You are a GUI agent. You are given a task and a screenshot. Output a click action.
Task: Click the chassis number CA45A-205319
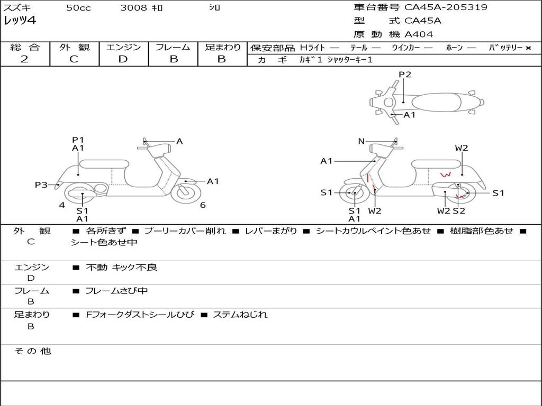446,7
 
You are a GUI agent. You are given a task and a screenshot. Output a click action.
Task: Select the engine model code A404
419,34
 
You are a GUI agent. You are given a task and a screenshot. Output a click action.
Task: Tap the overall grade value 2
24,59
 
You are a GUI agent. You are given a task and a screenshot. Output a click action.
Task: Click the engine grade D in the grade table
123,59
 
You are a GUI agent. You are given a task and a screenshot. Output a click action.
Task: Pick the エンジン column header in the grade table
123,48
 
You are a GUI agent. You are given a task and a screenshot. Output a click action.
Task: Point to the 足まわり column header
223,48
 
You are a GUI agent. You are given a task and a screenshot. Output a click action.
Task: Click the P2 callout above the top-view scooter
405,75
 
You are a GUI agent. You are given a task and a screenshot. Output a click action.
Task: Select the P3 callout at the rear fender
41,184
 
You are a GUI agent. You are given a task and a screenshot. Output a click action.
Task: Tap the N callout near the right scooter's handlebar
362,141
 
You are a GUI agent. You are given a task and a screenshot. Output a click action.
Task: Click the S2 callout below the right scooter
459,211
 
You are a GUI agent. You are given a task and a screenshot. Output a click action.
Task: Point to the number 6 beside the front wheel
203,205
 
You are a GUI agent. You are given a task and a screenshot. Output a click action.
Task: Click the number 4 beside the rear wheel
62,205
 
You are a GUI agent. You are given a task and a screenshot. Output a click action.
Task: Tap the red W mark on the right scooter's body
446,174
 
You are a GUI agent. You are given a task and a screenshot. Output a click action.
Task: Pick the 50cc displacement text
78,8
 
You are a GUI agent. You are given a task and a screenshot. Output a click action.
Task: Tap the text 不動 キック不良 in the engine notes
122,267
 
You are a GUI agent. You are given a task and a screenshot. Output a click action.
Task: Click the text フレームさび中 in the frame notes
116,291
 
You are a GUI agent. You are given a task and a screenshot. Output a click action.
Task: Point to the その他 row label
32,351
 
